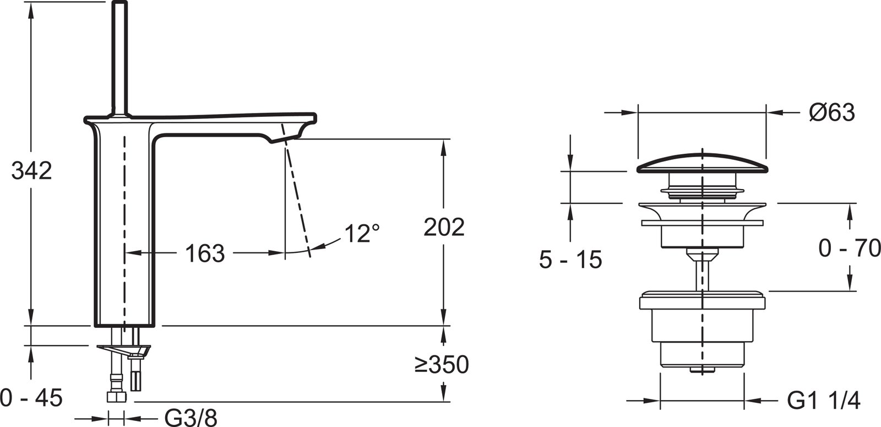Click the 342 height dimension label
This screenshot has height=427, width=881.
pyautogui.click(x=31, y=171)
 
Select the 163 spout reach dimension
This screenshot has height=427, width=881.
pyautogui.click(x=204, y=253)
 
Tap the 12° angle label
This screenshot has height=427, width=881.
pyautogui.click(x=362, y=234)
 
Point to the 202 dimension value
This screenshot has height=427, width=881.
pyautogui.click(x=444, y=226)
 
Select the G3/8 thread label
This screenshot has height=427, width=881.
pyautogui.click(x=191, y=417)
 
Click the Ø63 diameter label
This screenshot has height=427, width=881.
pyautogui.click(x=832, y=112)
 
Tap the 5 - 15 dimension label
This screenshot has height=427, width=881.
pyautogui.click(x=570, y=260)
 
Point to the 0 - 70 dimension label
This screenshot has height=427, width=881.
pyautogui.click(x=850, y=248)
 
